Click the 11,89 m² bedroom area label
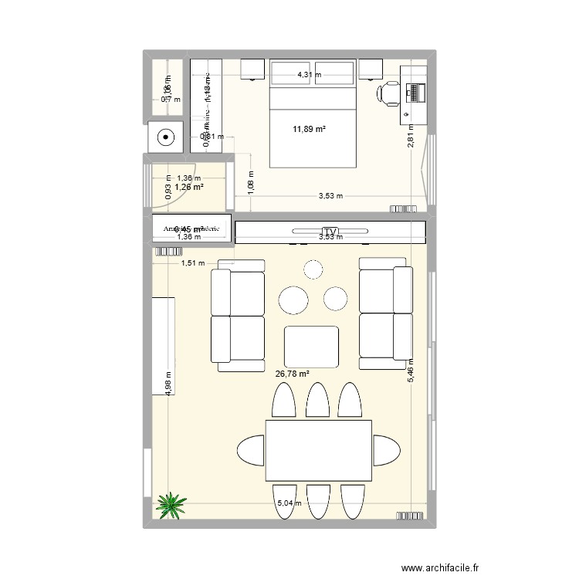coord(309,129)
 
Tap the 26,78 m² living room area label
coord(292,374)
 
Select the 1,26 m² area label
coord(188,187)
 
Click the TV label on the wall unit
coord(331,232)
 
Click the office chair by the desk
coord(388,93)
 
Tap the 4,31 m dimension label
coord(310,75)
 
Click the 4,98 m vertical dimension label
coord(168,383)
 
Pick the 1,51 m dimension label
coord(194,263)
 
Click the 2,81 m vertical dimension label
coord(412,136)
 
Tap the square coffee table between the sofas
coord(311,347)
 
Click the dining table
coord(319,450)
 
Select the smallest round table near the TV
coord(313,269)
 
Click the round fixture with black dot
coord(165,139)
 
